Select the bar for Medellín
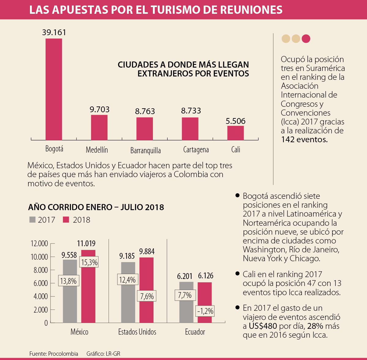pos(99,127)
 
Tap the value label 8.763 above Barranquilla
pos(145,111)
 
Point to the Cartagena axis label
pos(196,150)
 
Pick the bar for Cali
pos(235,133)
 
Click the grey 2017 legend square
pos(32,220)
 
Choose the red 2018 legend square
pos(66,220)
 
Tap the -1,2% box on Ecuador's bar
pos(205,311)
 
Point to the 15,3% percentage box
pos(89,262)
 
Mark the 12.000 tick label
pos(39,243)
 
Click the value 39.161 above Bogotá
pos(54,32)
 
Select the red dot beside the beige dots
pos(306,39)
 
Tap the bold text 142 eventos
pos(304,139)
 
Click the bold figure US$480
pos(263,326)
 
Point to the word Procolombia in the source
pos(63,354)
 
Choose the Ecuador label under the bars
pos(195,332)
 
